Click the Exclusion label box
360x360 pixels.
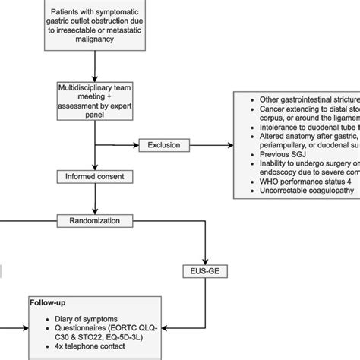(163, 144)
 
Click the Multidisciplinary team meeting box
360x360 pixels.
(94, 99)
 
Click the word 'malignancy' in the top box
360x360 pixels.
(94, 43)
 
